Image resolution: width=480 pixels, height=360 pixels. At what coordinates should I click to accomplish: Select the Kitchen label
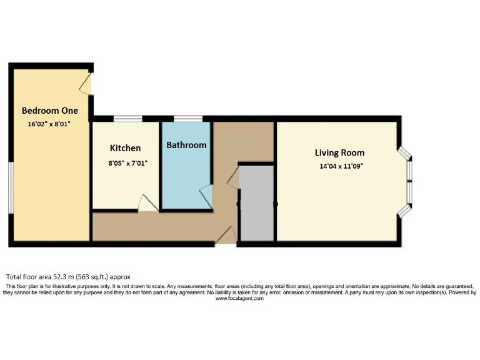125,148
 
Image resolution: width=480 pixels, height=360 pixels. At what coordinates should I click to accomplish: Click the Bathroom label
186,145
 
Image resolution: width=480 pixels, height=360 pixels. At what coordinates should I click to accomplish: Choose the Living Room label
339,152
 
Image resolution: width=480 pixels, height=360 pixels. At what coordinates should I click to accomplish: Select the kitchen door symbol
147,204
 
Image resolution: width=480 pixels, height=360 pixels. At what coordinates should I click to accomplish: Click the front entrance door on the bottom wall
226,236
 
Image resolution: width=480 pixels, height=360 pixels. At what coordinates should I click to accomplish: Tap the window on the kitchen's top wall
127,119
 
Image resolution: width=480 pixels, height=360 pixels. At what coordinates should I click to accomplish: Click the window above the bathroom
187,119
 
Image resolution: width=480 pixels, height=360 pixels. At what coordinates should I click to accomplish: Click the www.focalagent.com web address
239,299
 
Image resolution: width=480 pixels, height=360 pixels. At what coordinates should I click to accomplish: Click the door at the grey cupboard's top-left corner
233,176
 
